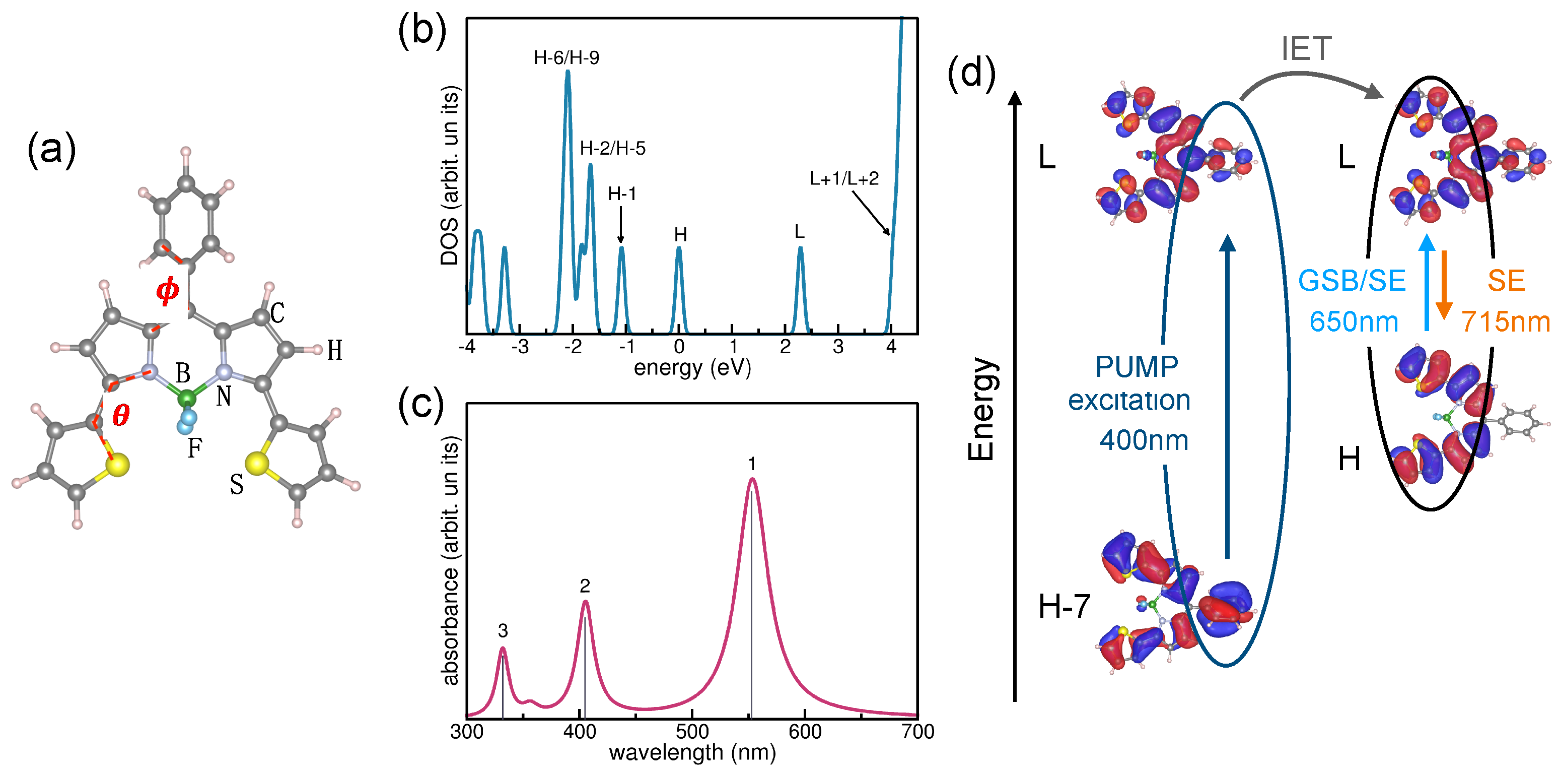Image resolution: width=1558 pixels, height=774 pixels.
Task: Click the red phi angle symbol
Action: [x=168, y=290]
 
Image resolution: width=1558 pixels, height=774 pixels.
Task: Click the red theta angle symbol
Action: [x=121, y=415]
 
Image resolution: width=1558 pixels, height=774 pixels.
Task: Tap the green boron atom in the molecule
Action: [x=187, y=398]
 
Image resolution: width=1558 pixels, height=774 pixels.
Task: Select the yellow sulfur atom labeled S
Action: [x=257, y=464]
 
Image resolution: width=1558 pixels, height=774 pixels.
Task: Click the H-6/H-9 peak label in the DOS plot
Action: [x=566, y=58]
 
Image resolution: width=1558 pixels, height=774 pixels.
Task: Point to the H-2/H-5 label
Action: [x=612, y=148]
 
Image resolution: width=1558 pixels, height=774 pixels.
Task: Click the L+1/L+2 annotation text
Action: [x=844, y=178]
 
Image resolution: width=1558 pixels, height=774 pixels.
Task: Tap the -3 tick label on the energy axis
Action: [x=520, y=347]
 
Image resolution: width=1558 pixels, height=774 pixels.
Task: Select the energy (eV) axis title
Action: [x=692, y=367]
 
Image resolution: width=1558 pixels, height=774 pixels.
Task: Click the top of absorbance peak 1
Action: [x=752, y=480]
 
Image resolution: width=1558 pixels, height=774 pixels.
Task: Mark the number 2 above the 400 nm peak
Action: [x=584, y=586]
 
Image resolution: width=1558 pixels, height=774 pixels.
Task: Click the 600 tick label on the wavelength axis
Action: [x=805, y=732]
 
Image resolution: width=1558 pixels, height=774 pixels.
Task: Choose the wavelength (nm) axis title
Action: [x=692, y=753]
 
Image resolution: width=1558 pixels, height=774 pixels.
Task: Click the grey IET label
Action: [x=1306, y=48]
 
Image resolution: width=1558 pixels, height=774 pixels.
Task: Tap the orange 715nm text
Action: [x=1505, y=322]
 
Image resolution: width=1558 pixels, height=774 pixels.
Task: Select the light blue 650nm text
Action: [x=1353, y=322]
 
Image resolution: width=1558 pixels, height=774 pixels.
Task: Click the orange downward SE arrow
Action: [x=1444, y=284]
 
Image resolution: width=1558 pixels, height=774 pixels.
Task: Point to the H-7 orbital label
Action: [x=1064, y=606]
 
